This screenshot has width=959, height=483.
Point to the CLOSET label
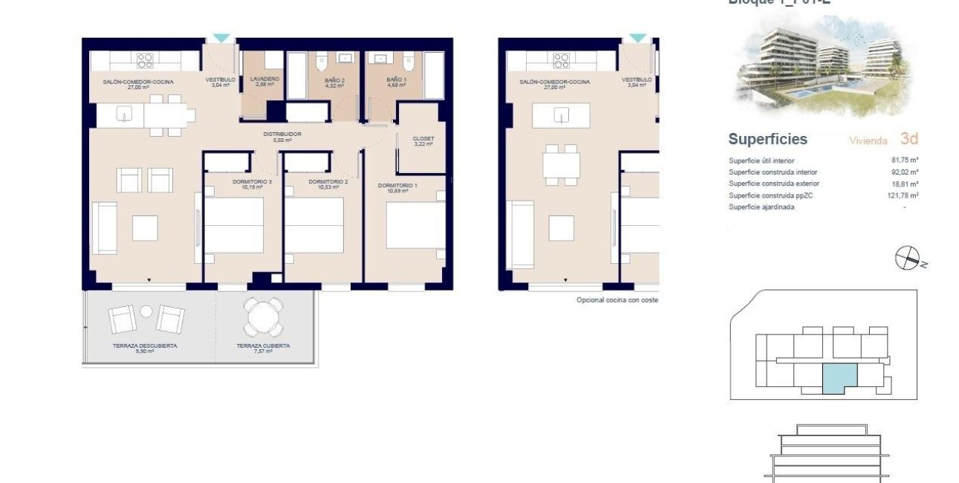423,139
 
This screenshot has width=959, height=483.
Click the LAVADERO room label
264,79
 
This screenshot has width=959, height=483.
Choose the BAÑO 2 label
336,80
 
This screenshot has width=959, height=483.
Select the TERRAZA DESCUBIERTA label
145,346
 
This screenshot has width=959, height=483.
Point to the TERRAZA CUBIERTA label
263,346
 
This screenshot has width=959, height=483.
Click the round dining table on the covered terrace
264,317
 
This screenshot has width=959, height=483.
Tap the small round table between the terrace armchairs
146,311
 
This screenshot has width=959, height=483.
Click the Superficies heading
767,139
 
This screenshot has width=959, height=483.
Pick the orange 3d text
908,138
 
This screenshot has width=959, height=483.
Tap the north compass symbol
908,258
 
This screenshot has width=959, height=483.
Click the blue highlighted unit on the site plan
839,378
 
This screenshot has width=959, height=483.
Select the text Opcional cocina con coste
617,300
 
